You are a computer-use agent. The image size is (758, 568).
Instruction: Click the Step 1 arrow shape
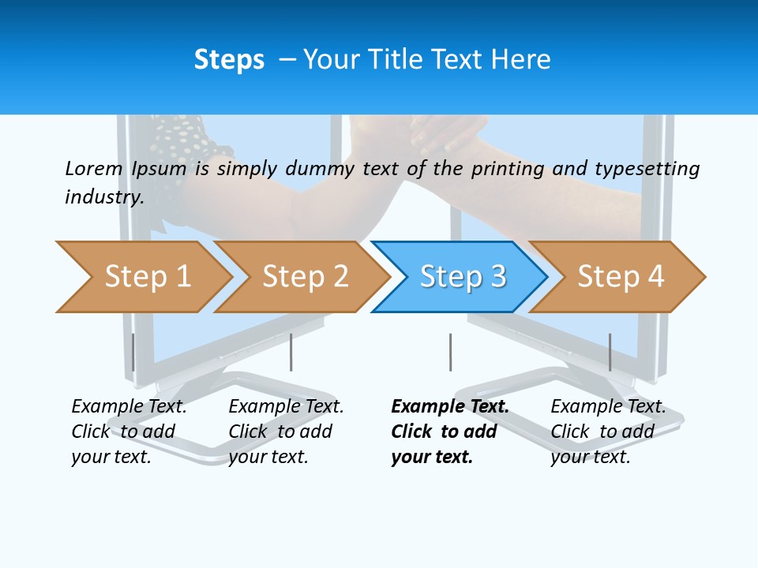click(146, 277)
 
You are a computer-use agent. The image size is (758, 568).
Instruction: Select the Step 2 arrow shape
click(304, 277)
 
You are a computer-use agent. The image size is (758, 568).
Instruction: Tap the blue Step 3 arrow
click(462, 277)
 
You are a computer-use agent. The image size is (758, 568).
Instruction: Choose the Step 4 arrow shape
click(620, 277)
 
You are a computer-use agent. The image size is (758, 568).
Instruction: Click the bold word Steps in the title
click(229, 60)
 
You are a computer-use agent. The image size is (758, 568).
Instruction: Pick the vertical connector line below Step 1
click(133, 352)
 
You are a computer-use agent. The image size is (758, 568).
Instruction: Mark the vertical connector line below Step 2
click(291, 352)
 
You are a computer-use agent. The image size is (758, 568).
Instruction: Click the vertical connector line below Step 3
click(450, 352)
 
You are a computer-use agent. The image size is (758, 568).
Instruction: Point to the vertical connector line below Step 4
click(610, 352)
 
